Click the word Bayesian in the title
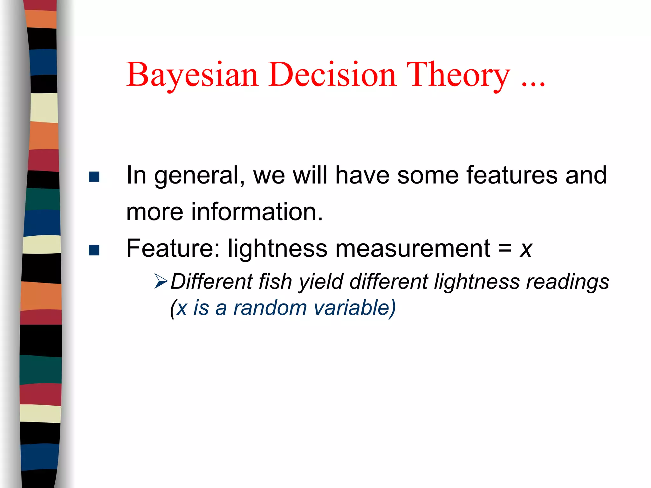click(x=192, y=75)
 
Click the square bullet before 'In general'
click(x=94, y=177)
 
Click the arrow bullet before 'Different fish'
click(x=161, y=281)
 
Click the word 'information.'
click(x=257, y=212)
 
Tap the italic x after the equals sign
click(x=526, y=249)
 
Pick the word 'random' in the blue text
click(x=270, y=308)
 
